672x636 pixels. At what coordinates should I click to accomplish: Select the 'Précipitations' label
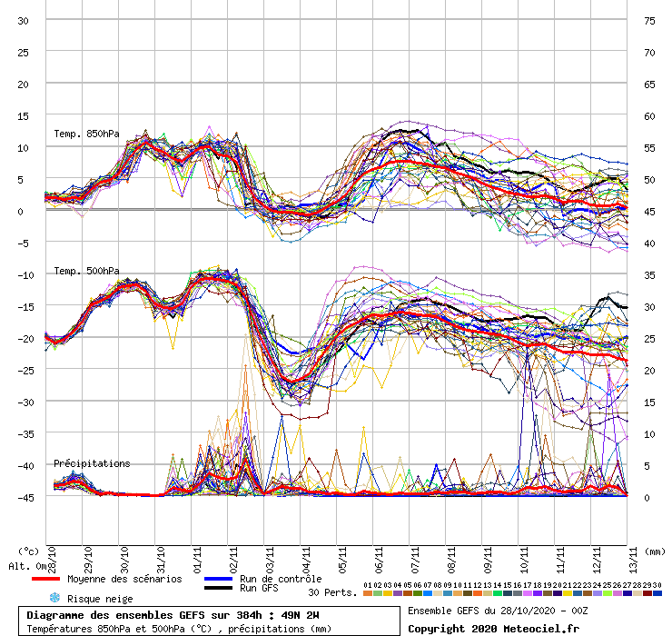(x=92, y=463)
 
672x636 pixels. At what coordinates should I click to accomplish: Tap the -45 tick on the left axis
(x=23, y=497)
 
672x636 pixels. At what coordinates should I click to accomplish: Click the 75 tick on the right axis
(x=650, y=20)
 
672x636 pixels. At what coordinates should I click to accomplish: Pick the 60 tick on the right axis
(x=650, y=116)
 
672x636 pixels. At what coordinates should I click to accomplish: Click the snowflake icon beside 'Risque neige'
(x=54, y=599)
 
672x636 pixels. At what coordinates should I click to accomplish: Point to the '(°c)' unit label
(x=29, y=551)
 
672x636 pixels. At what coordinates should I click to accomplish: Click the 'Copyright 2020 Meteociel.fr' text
(x=493, y=628)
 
